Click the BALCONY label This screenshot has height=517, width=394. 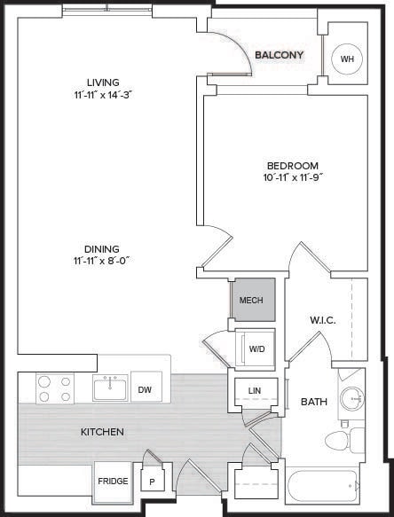click(280, 55)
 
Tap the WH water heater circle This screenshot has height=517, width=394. click(347, 59)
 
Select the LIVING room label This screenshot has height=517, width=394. click(103, 82)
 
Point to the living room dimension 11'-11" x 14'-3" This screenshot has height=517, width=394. click(103, 95)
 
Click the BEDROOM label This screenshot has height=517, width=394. click(293, 166)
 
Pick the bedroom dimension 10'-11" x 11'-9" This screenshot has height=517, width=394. click(293, 177)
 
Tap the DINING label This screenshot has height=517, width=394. click(102, 248)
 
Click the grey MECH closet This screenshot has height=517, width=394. click(253, 300)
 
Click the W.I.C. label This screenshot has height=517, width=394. click(323, 320)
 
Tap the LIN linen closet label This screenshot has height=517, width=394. click(255, 391)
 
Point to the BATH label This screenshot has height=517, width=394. click(314, 402)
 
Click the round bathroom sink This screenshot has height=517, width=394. click(352, 399)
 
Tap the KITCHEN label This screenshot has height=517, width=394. click(102, 432)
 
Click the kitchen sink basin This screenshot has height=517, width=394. click(110, 389)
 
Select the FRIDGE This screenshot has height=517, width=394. click(113, 482)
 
